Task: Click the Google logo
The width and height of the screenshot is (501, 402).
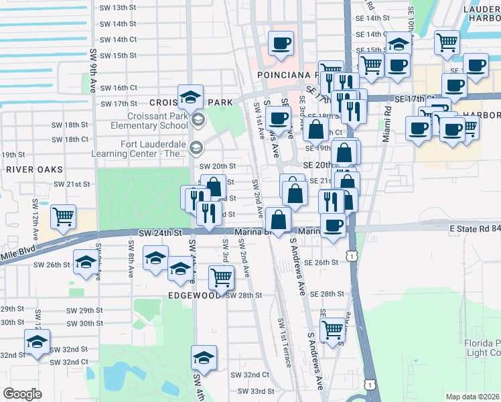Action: [x=22, y=393]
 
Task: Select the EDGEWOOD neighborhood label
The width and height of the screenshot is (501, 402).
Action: [x=194, y=294]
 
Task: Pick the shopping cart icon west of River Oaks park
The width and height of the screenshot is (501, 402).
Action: [x=63, y=216]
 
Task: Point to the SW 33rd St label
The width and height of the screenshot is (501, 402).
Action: [x=252, y=391]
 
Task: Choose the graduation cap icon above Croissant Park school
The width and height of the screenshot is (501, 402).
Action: [x=190, y=96]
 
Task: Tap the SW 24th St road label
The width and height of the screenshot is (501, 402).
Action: [x=160, y=232]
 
